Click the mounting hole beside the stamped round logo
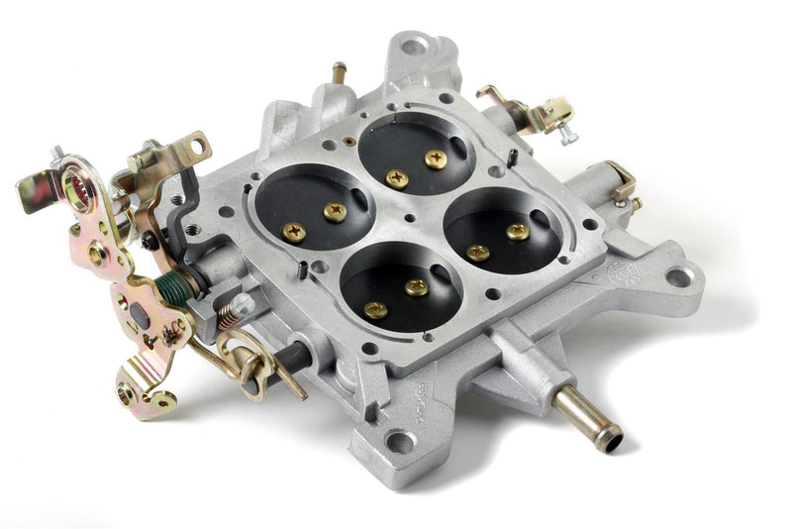tap(678, 276)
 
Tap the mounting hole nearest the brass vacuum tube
tap(401, 442)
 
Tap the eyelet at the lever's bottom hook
tap(126, 394)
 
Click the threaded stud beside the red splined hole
tap(57, 155)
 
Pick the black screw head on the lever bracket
tap(148, 241)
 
